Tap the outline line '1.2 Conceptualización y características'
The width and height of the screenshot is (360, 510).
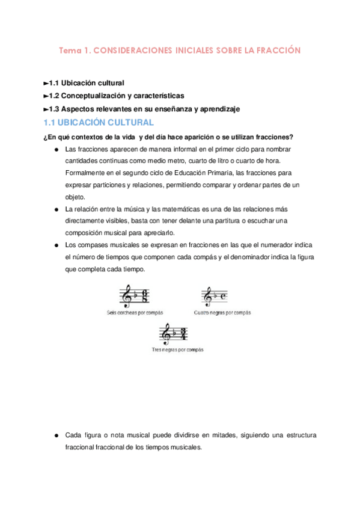point(114,96)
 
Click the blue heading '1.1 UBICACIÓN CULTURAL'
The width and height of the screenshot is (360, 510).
point(99,123)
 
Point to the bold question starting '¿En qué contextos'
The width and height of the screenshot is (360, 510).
point(168,137)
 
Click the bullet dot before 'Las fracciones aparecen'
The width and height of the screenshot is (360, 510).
point(55,149)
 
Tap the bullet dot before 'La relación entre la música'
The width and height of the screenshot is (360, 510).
point(55,209)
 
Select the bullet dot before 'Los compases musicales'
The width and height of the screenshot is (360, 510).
point(55,245)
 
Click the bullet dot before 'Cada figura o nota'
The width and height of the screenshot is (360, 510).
point(55,435)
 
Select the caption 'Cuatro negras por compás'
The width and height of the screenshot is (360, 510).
point(222,313)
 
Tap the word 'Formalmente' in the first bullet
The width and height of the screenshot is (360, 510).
point(85,173)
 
